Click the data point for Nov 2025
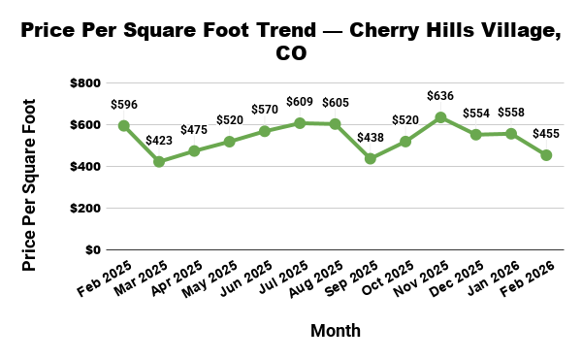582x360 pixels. coord(440,117)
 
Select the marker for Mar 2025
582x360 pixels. coord(158,162)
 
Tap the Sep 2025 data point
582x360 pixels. coord(370,158)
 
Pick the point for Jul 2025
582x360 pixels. coord(300,123)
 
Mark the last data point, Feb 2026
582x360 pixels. coord(546,155)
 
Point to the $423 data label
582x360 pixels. coord(158,141)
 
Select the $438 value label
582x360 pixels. coord(370,138)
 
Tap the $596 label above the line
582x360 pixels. coord(123,104)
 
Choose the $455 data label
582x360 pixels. coord(546,134)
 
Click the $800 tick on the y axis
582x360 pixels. coord(84,83)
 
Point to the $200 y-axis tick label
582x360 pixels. coord(84,209)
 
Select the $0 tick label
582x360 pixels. coord(92,250)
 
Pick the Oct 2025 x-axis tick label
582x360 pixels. coord(389,279)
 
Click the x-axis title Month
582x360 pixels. coord(335,331)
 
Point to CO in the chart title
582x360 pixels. coord(291,53)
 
